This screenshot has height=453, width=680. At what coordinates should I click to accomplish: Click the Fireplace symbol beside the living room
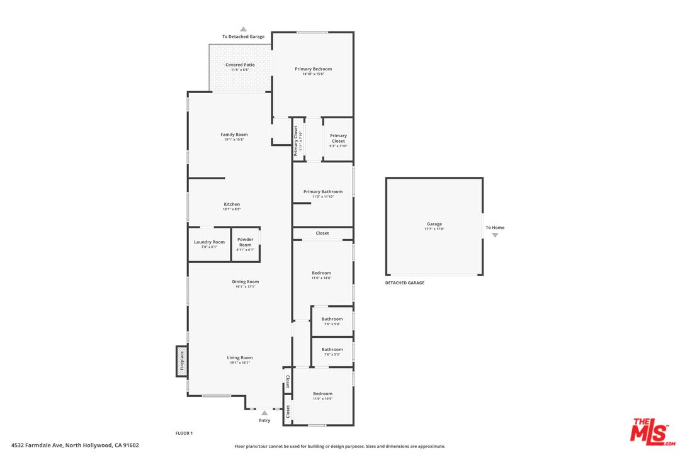(x=182, y=362)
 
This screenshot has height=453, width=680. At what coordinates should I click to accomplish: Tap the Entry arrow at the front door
(x=264, y=413)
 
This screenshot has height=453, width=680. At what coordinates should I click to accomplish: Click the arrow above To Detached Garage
(x=243, y=29)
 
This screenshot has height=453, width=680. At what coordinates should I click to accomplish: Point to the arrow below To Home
(x=495, y=235)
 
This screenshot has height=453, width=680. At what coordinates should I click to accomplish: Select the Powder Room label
(x=245, y=242)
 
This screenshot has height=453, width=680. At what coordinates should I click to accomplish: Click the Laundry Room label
(x=209, y=242)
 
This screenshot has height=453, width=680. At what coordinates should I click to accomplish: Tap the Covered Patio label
(x=240, y=65)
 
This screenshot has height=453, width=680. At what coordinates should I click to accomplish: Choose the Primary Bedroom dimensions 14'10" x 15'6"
(x=313, y=74)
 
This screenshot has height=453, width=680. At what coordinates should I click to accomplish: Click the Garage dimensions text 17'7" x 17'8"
(x=434, y=229)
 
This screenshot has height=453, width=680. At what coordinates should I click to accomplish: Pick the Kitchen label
(x=232, y=204)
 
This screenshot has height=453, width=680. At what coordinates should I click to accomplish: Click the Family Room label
(x=234, y=134)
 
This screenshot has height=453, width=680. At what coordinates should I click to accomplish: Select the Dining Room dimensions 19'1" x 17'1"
(x=246, y=287)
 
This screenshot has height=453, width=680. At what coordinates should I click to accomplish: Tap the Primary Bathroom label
(x=323, y=191)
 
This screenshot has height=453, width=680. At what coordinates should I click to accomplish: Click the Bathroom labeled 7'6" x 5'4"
(x=332, y=319)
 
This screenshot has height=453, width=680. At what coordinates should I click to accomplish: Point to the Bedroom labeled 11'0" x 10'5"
(x=322, y=394)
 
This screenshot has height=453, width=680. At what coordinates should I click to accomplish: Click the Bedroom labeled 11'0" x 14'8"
(x=321, y=273)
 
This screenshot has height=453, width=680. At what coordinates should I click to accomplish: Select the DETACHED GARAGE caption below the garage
(x=405, y=283)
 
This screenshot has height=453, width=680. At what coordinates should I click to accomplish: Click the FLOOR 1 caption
(x=184, y=433)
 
